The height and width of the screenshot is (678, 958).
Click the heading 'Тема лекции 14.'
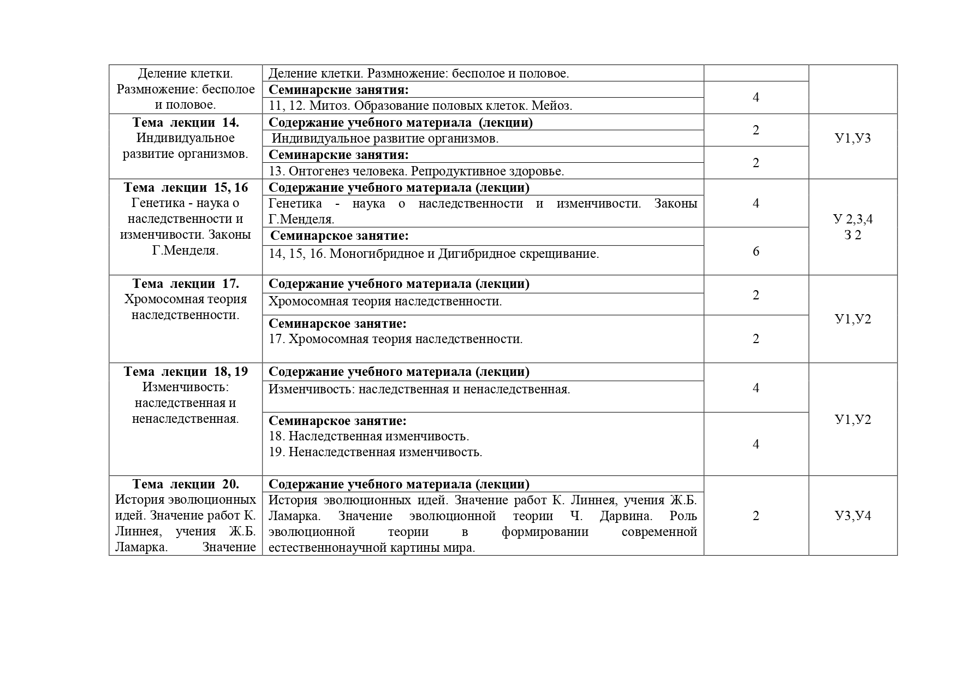(x=186, y=122)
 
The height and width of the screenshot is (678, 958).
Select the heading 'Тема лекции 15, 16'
(x=186, y=187)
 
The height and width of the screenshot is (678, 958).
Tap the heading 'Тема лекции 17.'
(x=186, y=284)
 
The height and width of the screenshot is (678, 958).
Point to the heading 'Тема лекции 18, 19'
(x=186, y=372)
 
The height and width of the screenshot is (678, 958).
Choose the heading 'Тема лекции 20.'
(x=186, y=484)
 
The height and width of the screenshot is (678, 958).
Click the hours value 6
(x=756, y=251)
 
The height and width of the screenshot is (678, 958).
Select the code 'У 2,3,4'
(x=853, y=219)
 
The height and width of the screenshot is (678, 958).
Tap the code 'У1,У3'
(x=853, y=138)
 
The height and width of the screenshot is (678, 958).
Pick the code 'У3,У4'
(x=853, y=516)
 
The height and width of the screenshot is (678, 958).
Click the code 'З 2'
(x=853, y=235)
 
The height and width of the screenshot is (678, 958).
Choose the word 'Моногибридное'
(x=377, y=253)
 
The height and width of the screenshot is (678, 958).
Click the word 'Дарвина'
(x=626, y=516)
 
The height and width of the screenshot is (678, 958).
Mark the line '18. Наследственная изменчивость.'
(x=369, y=437)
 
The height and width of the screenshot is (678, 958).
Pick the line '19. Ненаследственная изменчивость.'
(x=376, y=452)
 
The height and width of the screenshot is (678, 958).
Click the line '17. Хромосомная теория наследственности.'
(x=396, y=339)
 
